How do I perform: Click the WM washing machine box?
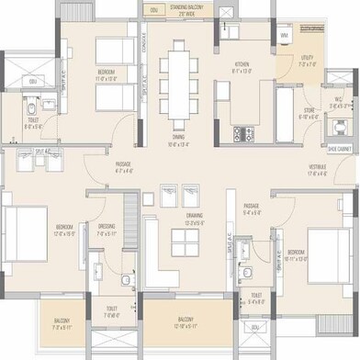tap(284, 35)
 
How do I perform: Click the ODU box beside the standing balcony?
tap(152, 10)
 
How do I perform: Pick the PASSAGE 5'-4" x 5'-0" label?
tap(252, 209)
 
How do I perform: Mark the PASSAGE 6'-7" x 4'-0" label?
tap(125, 167)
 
